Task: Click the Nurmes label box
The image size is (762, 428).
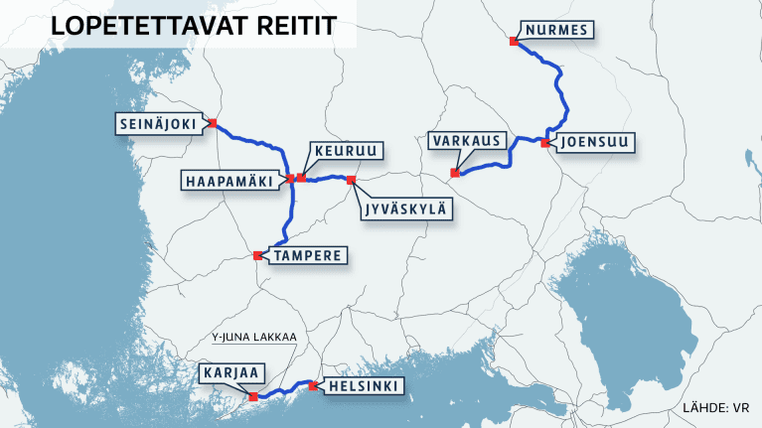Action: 556,30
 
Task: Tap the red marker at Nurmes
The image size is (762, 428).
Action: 513,42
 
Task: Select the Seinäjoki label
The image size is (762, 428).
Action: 162,123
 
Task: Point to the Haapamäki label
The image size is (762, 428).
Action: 231,180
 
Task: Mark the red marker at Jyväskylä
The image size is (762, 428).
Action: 351,180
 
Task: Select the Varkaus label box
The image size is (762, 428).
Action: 467,141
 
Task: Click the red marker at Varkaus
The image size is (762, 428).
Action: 455,174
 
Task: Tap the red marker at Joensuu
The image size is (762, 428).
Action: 544,143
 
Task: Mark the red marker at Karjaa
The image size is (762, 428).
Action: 253,397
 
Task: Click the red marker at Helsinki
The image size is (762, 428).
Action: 313,385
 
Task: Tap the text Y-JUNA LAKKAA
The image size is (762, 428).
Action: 254,337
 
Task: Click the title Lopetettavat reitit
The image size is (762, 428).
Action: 177,28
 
